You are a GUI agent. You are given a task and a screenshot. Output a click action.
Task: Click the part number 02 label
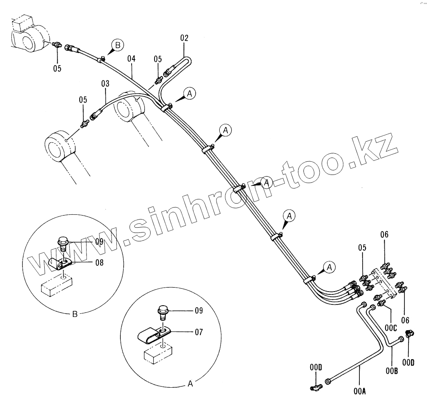184,38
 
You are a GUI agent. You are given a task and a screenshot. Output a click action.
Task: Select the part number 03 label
105,84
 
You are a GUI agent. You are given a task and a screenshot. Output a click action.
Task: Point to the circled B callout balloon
118,45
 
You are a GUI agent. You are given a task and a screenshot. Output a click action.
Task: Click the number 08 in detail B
99,263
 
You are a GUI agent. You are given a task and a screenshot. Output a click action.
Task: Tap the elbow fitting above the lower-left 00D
315,387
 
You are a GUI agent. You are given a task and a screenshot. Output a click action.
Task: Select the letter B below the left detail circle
74,314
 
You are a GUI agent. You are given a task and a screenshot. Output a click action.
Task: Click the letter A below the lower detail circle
190,384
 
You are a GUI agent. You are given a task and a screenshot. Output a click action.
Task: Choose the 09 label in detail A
199,310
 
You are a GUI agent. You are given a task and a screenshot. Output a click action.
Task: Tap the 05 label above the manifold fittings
362,248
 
